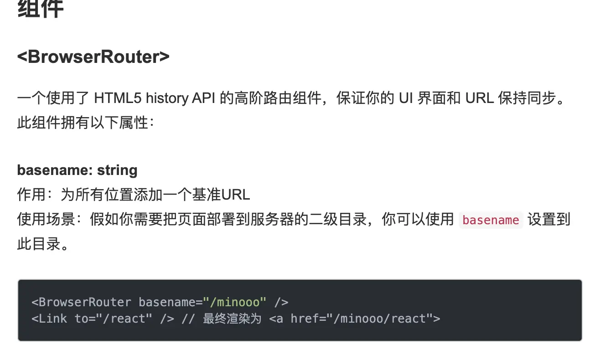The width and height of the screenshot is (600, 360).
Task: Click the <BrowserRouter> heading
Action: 93,57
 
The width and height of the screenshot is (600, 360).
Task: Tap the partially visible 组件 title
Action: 40,9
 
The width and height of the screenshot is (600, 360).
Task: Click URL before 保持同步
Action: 480,98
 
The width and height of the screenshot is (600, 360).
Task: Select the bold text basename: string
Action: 77,170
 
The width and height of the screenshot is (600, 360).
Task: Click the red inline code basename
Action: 491,220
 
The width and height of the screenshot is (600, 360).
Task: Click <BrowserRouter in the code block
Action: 81,302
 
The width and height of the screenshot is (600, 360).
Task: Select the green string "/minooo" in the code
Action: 234,302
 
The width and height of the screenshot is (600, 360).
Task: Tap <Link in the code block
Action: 49,318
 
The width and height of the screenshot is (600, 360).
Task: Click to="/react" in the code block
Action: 114,318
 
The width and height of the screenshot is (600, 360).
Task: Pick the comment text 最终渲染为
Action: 232,318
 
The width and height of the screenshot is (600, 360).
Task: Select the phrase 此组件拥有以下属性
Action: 83,123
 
